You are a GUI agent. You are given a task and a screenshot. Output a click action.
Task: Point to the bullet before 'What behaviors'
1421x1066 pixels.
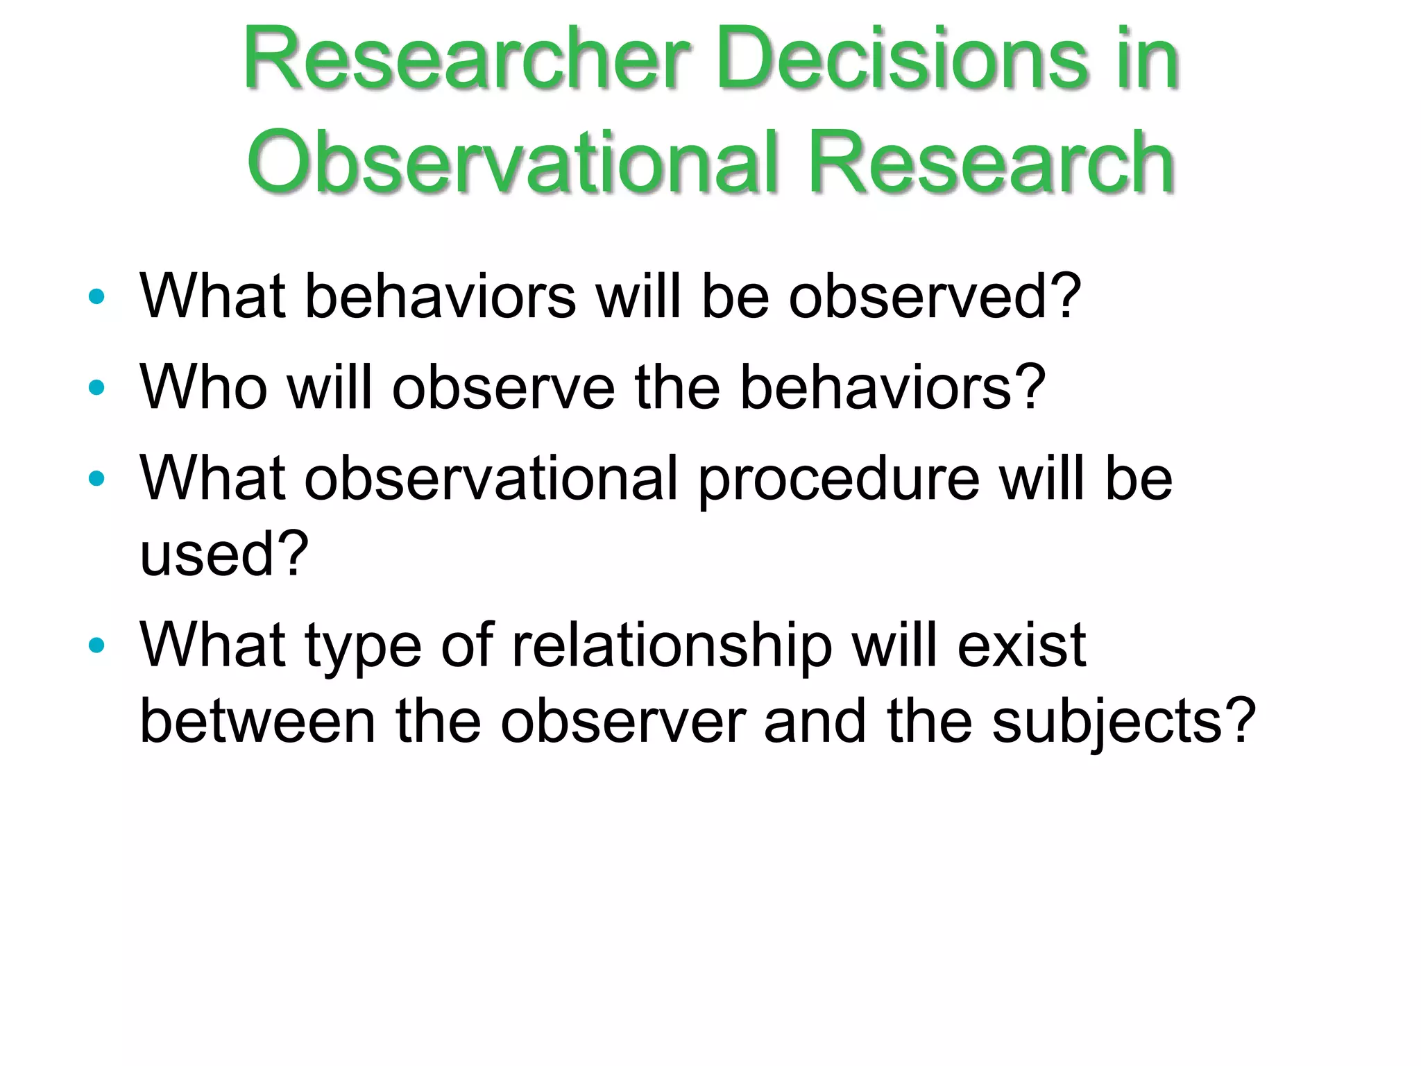[96, 297]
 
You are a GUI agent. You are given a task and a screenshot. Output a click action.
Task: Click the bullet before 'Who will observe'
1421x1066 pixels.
[96, 387]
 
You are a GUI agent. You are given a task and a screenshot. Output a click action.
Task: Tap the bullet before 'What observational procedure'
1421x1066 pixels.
[96, 478]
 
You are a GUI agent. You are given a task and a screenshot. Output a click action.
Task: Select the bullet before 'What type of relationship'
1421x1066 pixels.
[96, 645]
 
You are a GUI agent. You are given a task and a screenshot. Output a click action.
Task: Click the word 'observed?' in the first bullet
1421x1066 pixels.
[935, 297]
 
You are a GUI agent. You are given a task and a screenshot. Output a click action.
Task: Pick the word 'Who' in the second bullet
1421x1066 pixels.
[203, 387]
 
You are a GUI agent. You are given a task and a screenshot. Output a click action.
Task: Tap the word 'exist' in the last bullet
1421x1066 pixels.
[1021, 646]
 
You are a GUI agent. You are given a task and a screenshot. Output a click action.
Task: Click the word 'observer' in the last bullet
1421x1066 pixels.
[623, 722]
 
